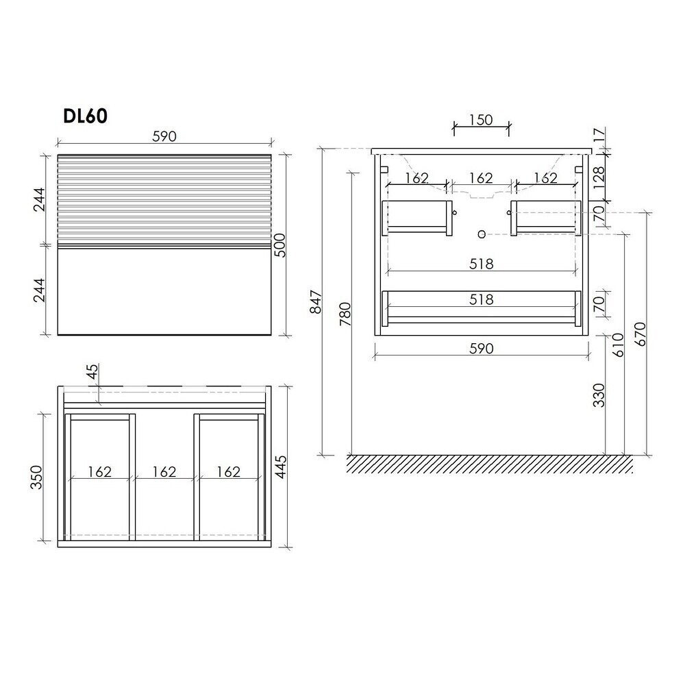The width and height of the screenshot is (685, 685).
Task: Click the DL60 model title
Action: [85, 116]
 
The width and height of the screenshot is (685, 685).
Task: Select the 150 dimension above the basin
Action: [481, 119]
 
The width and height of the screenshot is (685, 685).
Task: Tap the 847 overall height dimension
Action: [315, 301]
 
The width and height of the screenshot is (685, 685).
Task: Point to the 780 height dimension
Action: [345, 314]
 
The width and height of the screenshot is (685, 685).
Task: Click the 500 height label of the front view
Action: [279, 245]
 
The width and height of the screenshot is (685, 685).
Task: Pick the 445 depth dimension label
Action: [281, 466]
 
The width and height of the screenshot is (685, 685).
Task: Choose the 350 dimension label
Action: [37, 477]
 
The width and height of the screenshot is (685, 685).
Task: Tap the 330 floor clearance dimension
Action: [599, 395]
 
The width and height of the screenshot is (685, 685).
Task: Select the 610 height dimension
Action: [619, 345]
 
